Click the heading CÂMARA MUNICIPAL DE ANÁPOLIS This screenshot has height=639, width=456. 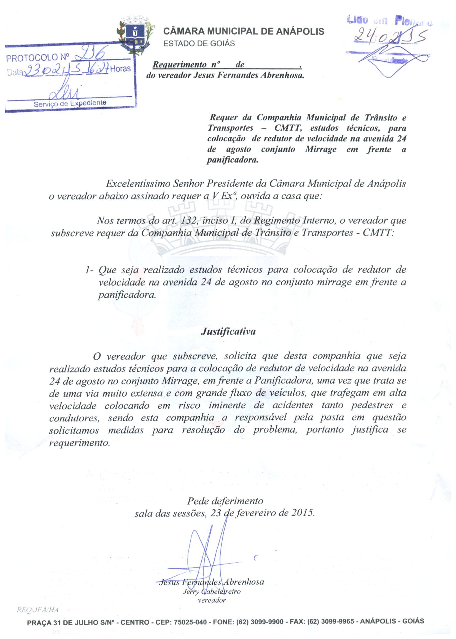244,31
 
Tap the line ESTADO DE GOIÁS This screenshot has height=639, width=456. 199,44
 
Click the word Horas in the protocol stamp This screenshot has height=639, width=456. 120,69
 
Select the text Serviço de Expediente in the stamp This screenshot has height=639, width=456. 70,104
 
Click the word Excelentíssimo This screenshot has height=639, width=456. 138,184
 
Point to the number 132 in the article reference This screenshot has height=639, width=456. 189,220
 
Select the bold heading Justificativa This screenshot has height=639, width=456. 228,331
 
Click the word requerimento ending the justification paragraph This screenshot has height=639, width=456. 79,443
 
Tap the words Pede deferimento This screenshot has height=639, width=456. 225,501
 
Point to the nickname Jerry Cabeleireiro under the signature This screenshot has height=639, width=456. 211,592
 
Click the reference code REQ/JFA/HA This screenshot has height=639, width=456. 38,610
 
